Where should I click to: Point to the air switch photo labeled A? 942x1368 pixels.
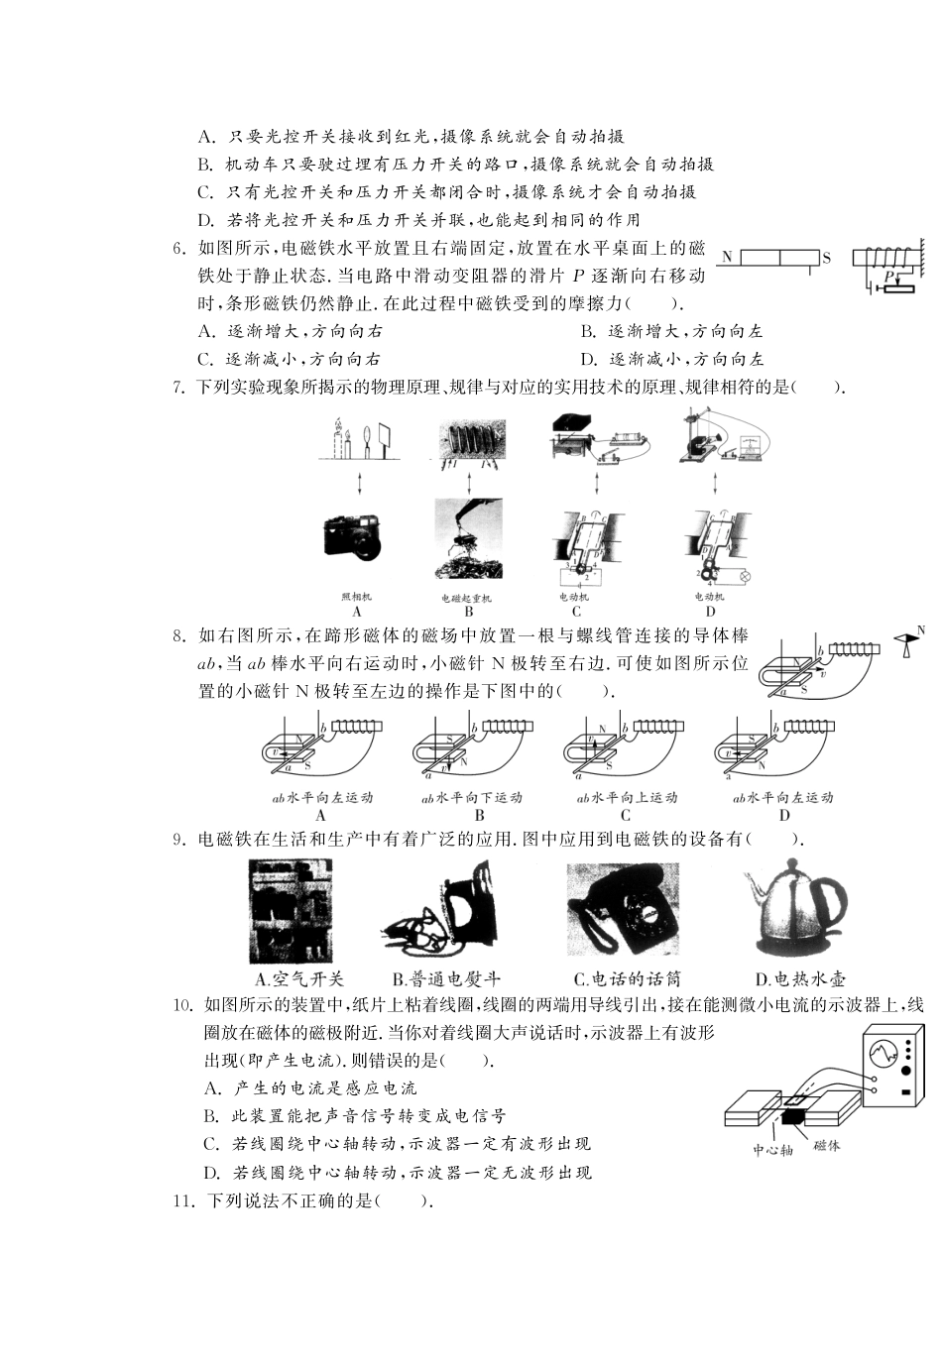pyautogui.click(x=291, y=910)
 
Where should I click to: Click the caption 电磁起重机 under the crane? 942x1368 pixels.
pyautogui.click(x=467, y=598)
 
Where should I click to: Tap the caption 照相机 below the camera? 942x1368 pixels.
pyautogui.click(x=355, y=597)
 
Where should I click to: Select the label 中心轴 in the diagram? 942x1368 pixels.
pyautogui.click(x=771, y=1151)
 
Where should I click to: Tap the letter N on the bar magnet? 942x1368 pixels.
pyautogui.click(x=727, y=257)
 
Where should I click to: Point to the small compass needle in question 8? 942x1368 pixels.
pyautogui.click(x=906, y=646)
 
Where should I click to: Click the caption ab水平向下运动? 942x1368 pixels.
pyautogui.click(x=472, y=798)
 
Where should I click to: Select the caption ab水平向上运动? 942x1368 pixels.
pyautogui.click(x=626, y=798)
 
